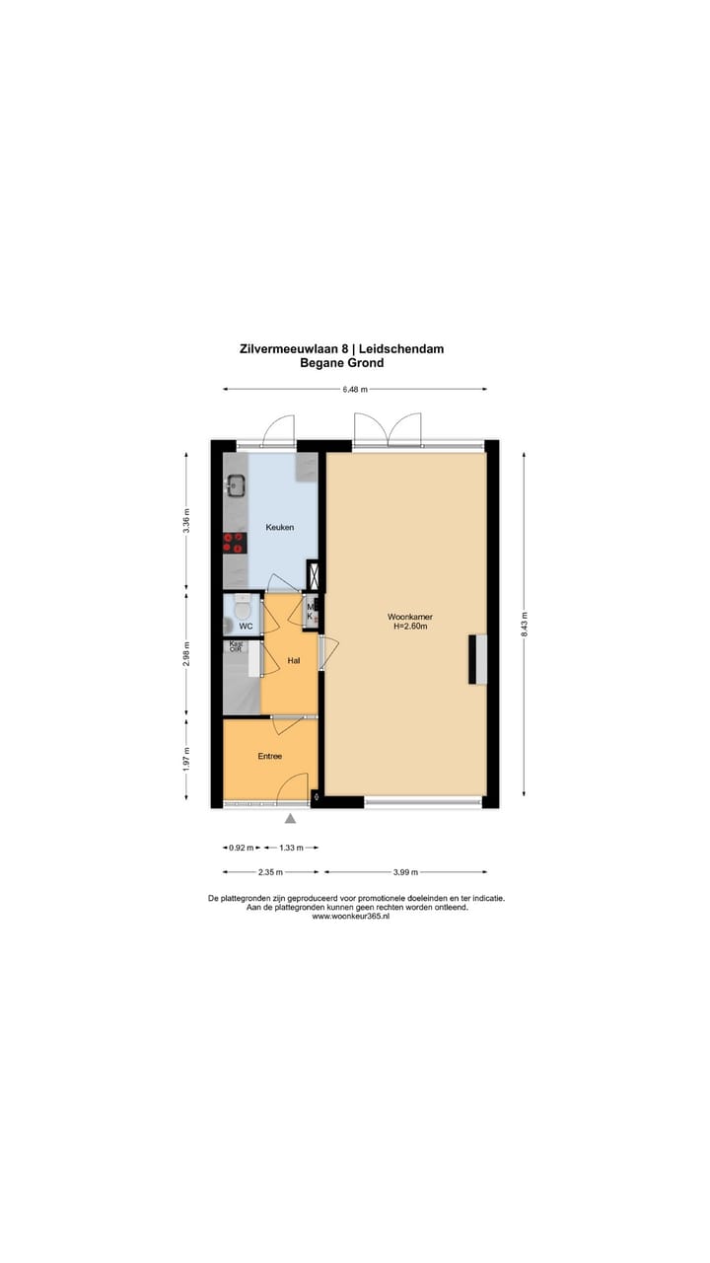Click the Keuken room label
point(279,528)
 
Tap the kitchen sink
point(237,484)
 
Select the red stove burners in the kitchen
point(235,541)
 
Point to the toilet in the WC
point(242,611)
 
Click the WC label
point(246,627)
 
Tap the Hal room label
point(293,660)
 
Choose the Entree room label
point(269,757)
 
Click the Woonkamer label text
point(409,617)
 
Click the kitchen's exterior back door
point(279,431)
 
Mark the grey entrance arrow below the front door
point(290,818)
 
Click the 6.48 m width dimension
point(354,390)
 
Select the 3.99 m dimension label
point(405,872)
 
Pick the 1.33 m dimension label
point(291,848)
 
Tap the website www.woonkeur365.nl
point(350,917)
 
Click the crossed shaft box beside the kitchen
point(314,574)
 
